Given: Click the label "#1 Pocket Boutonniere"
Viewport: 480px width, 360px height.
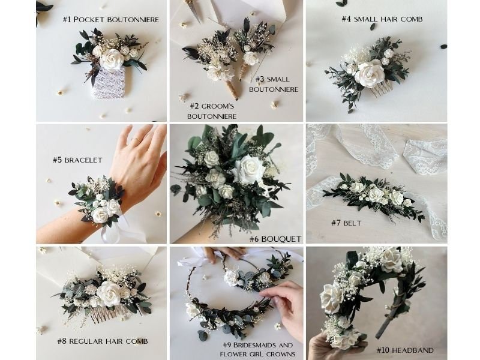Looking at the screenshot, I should coord(111,19).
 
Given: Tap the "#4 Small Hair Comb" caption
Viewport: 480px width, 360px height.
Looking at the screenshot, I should coord(382,19).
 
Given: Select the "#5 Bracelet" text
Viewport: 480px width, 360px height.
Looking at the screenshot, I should coord(77,160).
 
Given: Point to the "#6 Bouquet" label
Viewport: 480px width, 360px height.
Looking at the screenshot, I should coord(275,239).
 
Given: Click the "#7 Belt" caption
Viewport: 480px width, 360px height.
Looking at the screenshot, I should coord(347,223).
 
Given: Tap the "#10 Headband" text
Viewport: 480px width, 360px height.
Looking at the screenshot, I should coord(404,349).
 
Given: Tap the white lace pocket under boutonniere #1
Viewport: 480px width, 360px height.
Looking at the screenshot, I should coord(109,82).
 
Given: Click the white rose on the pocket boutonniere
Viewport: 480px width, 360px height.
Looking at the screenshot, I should coord(112,58).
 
